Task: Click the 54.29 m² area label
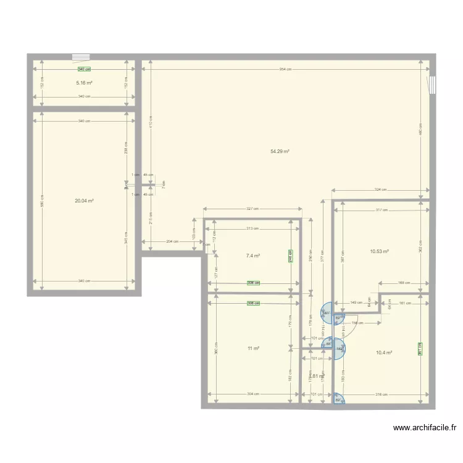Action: pos(280,151)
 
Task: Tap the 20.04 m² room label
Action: pos(85,201)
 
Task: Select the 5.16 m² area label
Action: pos(84,83)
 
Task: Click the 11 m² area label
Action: pos(253,348)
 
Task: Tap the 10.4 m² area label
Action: pos(384,352)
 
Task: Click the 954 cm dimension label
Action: pos(284,69)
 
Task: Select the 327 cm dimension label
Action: pos(252,209)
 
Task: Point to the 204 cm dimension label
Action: pos(172,241)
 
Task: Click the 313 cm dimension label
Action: pos(251,228)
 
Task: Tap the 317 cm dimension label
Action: pos(382,210)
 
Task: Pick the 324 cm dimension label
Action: pos(380,190)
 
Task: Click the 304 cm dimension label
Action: pos(253,394)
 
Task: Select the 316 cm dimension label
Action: pos(381,394)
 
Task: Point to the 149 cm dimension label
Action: pos(356,302)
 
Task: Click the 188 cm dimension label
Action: pos(404,283)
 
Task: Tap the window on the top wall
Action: pos(81,57)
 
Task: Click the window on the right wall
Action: pos(432,85)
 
